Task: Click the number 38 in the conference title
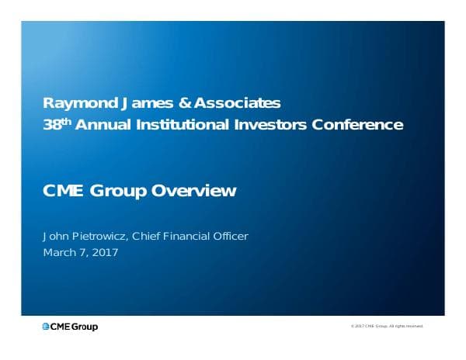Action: [51, 125]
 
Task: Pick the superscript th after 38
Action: [66, 121]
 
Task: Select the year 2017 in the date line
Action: [104, 253]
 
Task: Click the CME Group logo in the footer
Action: [70, 327]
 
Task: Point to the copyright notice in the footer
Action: [387, 327]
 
